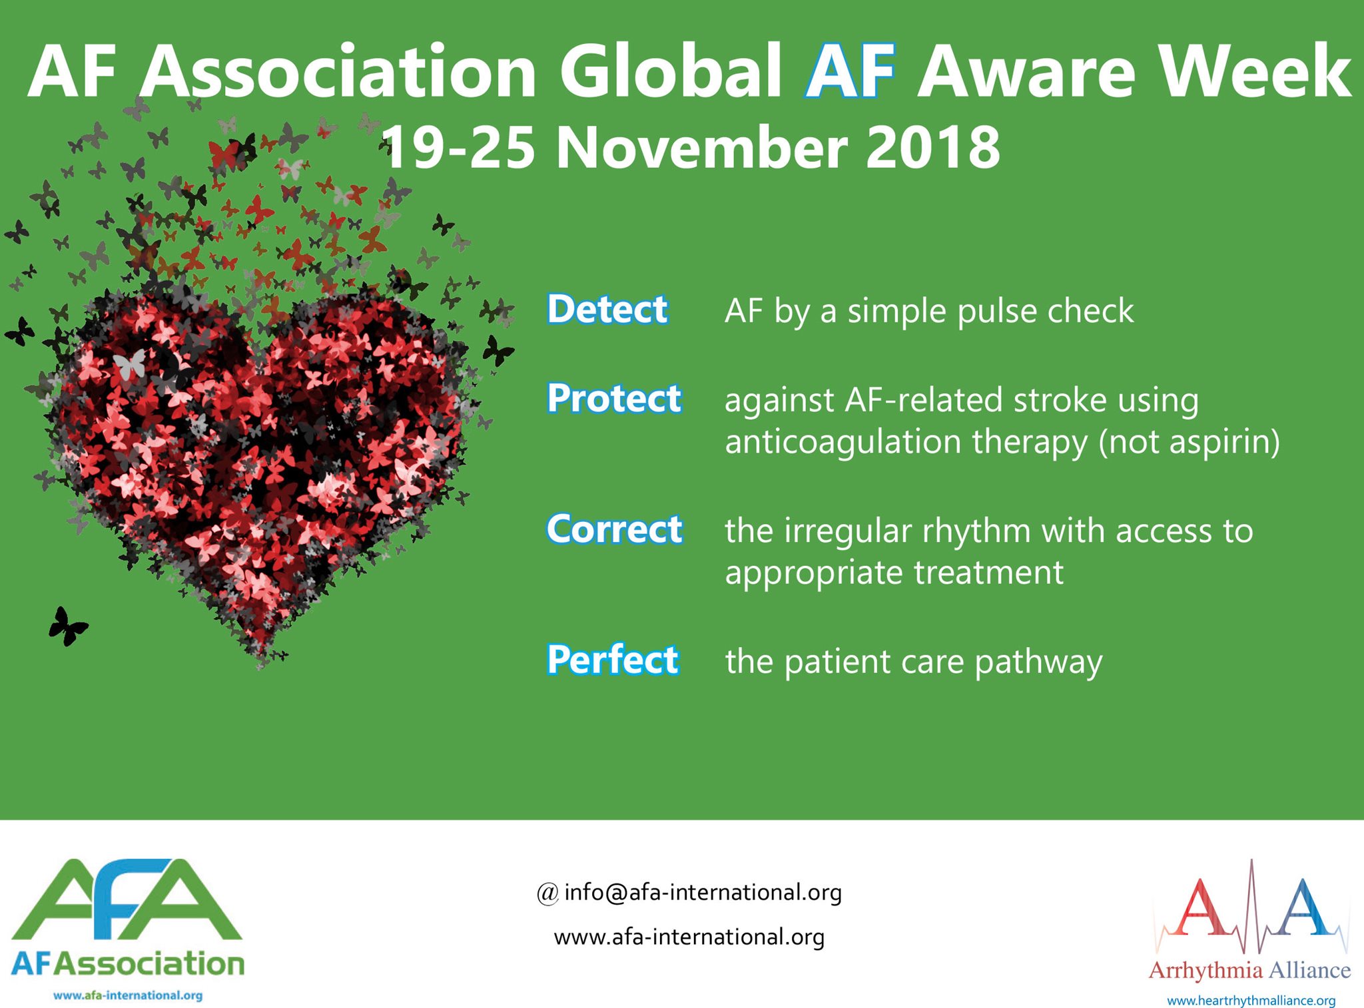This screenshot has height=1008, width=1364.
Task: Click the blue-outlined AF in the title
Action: [849, 71]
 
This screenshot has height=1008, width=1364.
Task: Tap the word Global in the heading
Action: [671, 71]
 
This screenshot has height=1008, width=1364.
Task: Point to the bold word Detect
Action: [607, 310]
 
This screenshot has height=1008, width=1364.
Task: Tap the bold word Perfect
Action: [613, 660]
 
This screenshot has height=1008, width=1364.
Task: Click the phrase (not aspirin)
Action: [1189, 442]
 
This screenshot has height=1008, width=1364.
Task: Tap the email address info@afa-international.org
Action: [703, 892]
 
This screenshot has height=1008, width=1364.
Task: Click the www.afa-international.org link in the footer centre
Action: [689, 937]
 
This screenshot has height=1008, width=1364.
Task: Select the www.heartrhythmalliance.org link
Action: [1251, 1000]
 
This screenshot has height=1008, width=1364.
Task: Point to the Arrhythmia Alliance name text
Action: [1249, 970]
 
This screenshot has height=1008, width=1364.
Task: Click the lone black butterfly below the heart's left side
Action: [67, 626]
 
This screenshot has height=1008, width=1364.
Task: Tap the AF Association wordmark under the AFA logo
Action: [128, 963]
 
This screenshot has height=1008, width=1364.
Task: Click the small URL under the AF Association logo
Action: [128, 995]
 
